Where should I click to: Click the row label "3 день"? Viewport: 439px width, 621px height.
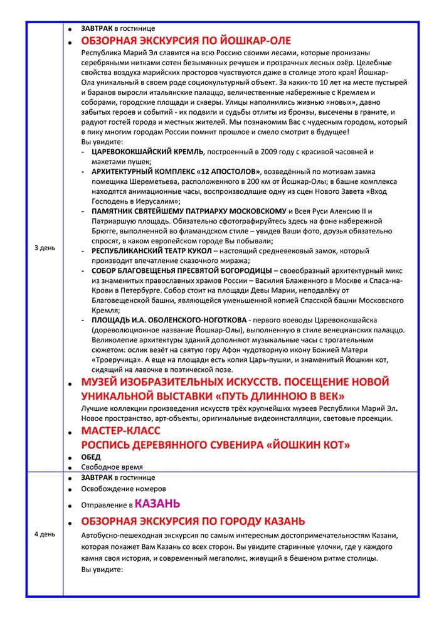pyautogui.click(x=44, y=248)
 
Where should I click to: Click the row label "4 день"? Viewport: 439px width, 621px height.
pyautogui.click(x=44, y=534)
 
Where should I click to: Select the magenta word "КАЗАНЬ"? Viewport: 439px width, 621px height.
pyautogui.click(x=157, y=503)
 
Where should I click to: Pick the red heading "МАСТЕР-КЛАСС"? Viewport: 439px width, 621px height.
pyautogui.click(x=120, y=431)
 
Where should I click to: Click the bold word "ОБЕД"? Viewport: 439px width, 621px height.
pyautogui.click(x=91, y=457)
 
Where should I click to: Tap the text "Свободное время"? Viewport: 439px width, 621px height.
pyautogui.click(x=112, y=467)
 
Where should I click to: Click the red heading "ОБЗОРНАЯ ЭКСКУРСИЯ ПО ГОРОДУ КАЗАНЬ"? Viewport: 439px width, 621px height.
pyautogui.click(x=193, y=521)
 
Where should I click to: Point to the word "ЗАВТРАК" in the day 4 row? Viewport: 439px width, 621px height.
pyautogui.click(x=97, y=477)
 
